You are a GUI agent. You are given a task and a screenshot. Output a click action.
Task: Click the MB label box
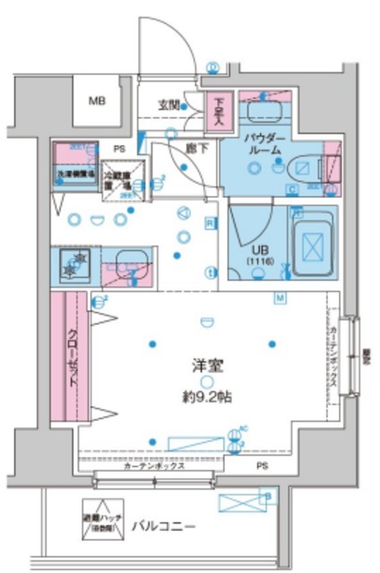pyautogui.click(x=96, y=101)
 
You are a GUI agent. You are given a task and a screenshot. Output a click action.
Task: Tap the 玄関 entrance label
pyautogui.click(x=168, y=104)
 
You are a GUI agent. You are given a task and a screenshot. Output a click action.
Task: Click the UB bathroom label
pyautogui.click(x=261, y=249)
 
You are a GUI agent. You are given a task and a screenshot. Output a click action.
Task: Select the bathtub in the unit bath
pyautogui.click(x=312, y=243)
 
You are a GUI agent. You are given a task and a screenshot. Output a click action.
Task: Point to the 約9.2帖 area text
pyautogui.click(x=204, y=396)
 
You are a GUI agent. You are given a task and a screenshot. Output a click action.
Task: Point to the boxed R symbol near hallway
pyautogui.click(x=209, y=223)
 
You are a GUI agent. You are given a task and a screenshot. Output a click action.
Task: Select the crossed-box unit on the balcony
pyautogui.click(x=240, y=501)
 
